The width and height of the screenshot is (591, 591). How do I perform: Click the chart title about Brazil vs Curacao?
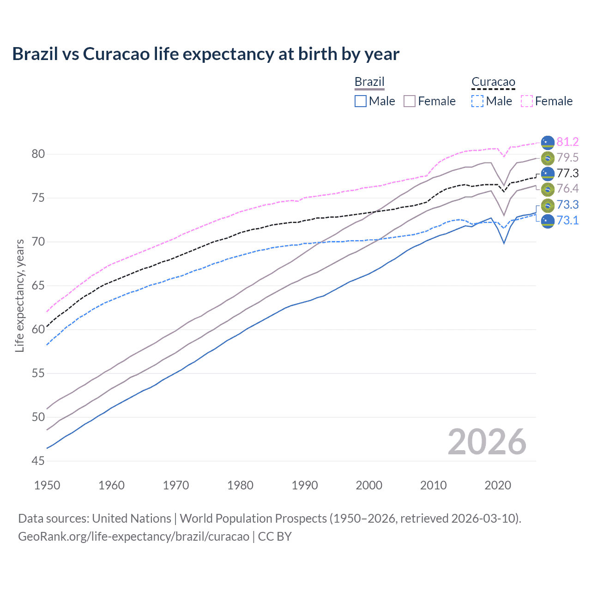point(205,54)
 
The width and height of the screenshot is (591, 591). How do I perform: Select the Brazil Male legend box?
point(361,101)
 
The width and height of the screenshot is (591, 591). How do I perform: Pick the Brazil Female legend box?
point(410,101)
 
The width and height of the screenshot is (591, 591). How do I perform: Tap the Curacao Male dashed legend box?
point(477,101)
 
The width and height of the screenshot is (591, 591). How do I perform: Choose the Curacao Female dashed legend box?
point(527,101)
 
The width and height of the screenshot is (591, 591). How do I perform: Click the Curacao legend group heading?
point(493,82)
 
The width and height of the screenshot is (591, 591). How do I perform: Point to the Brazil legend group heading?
point(369,82)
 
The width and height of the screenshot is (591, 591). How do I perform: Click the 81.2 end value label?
point(567,142)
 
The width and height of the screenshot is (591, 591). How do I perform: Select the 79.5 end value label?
point(567,157)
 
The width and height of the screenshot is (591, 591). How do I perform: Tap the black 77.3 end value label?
point(567,173)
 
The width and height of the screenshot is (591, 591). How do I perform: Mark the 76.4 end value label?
point(567,188)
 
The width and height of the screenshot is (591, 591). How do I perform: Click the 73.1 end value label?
point(567,220)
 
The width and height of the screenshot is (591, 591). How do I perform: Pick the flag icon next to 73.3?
point(548,205)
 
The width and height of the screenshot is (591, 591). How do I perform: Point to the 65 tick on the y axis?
point(38,286)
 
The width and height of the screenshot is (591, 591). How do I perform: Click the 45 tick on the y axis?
point(38,461)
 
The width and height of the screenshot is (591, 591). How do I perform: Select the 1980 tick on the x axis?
point(240,485)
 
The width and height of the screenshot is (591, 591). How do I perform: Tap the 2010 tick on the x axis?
point(433,485)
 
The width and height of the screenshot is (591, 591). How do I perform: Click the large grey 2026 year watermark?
point(487,442)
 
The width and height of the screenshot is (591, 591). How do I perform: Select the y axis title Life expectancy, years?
point(20,295)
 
